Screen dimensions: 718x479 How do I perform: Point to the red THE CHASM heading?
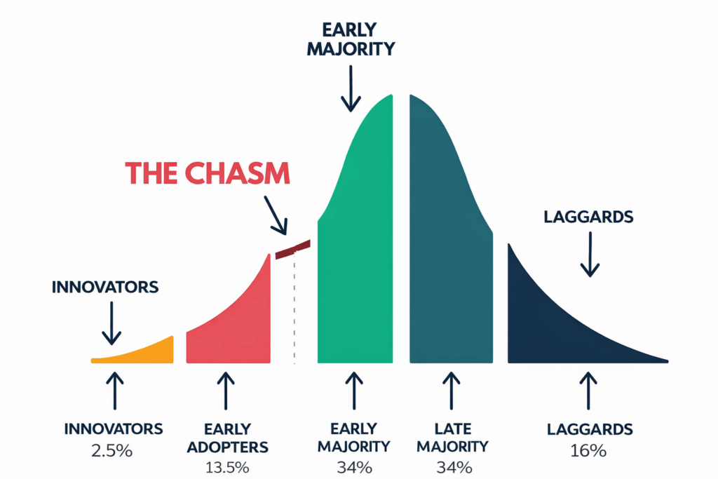208,173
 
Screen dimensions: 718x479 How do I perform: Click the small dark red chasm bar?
293,249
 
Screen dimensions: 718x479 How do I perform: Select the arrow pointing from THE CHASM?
276,215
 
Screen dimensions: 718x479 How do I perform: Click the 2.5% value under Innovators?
111,451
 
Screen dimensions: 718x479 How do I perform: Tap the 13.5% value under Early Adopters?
227,468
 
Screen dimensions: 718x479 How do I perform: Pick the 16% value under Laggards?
588,451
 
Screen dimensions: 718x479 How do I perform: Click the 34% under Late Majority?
454,468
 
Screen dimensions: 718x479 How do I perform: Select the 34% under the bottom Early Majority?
354,468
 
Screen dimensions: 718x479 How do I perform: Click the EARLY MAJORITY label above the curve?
351,39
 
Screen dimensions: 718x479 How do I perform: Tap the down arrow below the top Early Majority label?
351,88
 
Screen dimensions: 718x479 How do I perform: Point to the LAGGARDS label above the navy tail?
588,217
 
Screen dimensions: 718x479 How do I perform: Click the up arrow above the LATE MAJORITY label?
452,391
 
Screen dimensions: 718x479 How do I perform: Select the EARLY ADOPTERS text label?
228,438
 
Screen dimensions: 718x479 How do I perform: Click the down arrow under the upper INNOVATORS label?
111,323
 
